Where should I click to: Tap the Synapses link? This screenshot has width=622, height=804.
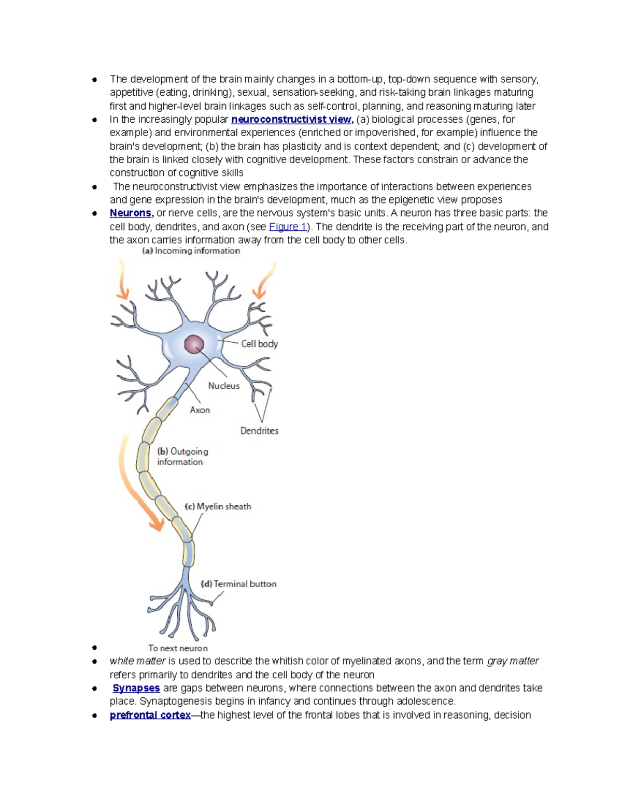click(136, 688)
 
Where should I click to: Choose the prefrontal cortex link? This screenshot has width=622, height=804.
click(150, 715)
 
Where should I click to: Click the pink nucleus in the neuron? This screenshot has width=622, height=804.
click(194, 344)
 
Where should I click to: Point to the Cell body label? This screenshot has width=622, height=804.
click(259, 344)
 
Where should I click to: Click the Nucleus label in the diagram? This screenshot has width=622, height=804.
click(223, 386)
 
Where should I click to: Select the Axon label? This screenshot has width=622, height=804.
click(200, 410)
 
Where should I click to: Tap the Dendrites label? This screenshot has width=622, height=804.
click(259, 431)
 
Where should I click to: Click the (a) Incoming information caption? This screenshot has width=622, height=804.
click(191, 251)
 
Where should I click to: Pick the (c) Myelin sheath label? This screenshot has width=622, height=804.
click(218, 506)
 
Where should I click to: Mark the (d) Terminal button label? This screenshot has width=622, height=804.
click(238, 584)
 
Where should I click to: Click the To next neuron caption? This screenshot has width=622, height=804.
click(178, 648)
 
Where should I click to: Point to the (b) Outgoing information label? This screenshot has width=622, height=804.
click(182, 457)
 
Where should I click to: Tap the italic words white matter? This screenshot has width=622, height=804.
click(137, 661)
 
